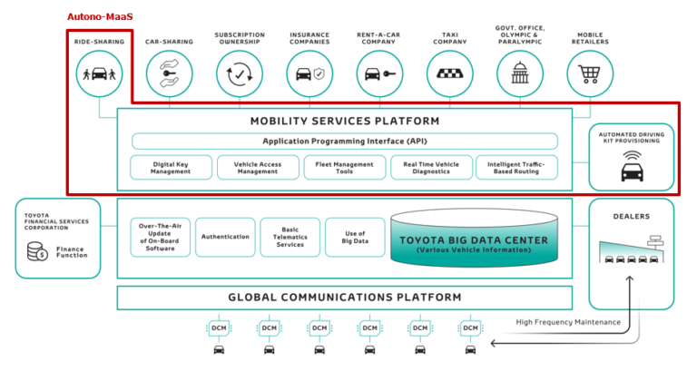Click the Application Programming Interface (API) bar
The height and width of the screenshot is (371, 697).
coord(344,142)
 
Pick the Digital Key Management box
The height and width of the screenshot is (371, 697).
coord(171,167)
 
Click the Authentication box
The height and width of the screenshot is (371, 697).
coord(225,237)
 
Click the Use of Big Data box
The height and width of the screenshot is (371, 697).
coord(355,237)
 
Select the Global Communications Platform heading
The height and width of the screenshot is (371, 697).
coord(344,298)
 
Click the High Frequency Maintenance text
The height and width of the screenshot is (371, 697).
coord(568,321)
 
